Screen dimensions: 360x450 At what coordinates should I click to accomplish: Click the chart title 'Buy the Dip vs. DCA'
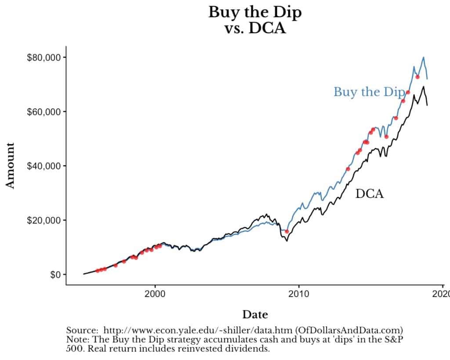pyautogui.click(x=255, y=20)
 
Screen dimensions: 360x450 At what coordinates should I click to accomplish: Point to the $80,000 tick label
pyautogui.click(x=43, y=58)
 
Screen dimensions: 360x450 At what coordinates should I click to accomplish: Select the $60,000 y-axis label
pyautogui.click(x=43, y=112)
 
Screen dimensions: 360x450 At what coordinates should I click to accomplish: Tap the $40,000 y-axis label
pyautogui.click(x=43, y=166)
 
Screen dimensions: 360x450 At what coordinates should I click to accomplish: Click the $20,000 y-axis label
pyautogui.click(x=43, y=220)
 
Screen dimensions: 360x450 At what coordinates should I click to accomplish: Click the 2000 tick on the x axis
pyautogui.click(x=155, y=294)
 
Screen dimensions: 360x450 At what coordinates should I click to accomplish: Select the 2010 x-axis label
pyautogui.click(x=299, y=294)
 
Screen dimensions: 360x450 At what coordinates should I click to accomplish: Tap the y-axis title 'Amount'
pyautogui.click(x=11, y=165)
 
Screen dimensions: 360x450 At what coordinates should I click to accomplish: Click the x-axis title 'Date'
pyautogui.click(x=255, y=315)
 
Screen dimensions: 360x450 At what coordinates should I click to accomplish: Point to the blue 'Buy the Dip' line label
pyautogui.click(x=368, y=92)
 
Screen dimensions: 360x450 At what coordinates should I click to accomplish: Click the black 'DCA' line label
pyautogui.click(x=369, y=194)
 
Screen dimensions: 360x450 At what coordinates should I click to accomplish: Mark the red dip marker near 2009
pyautogui.click(x=287, y=231)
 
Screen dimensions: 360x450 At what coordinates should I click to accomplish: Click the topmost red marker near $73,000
pyautogui.click(x=417, y=77)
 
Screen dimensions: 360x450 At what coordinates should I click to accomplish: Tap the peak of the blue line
pyautogui.click(x=423, y=57)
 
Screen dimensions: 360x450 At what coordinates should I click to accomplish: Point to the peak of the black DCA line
pyautogui.click(x=423, y=87)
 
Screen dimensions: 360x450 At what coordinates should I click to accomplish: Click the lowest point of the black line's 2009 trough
pyautogui.click(x=287, y=241)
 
